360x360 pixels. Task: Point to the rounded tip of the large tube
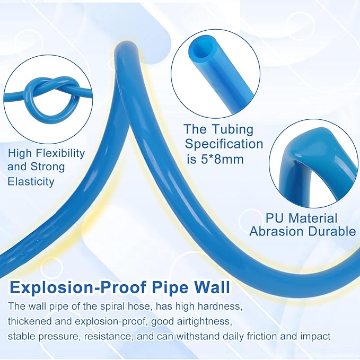point(127,47)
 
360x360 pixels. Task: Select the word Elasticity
point(31,181)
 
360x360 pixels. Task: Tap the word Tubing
point(233,130)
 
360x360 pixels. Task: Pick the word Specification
point(224,144)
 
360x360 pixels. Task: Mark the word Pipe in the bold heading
point(170,287)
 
